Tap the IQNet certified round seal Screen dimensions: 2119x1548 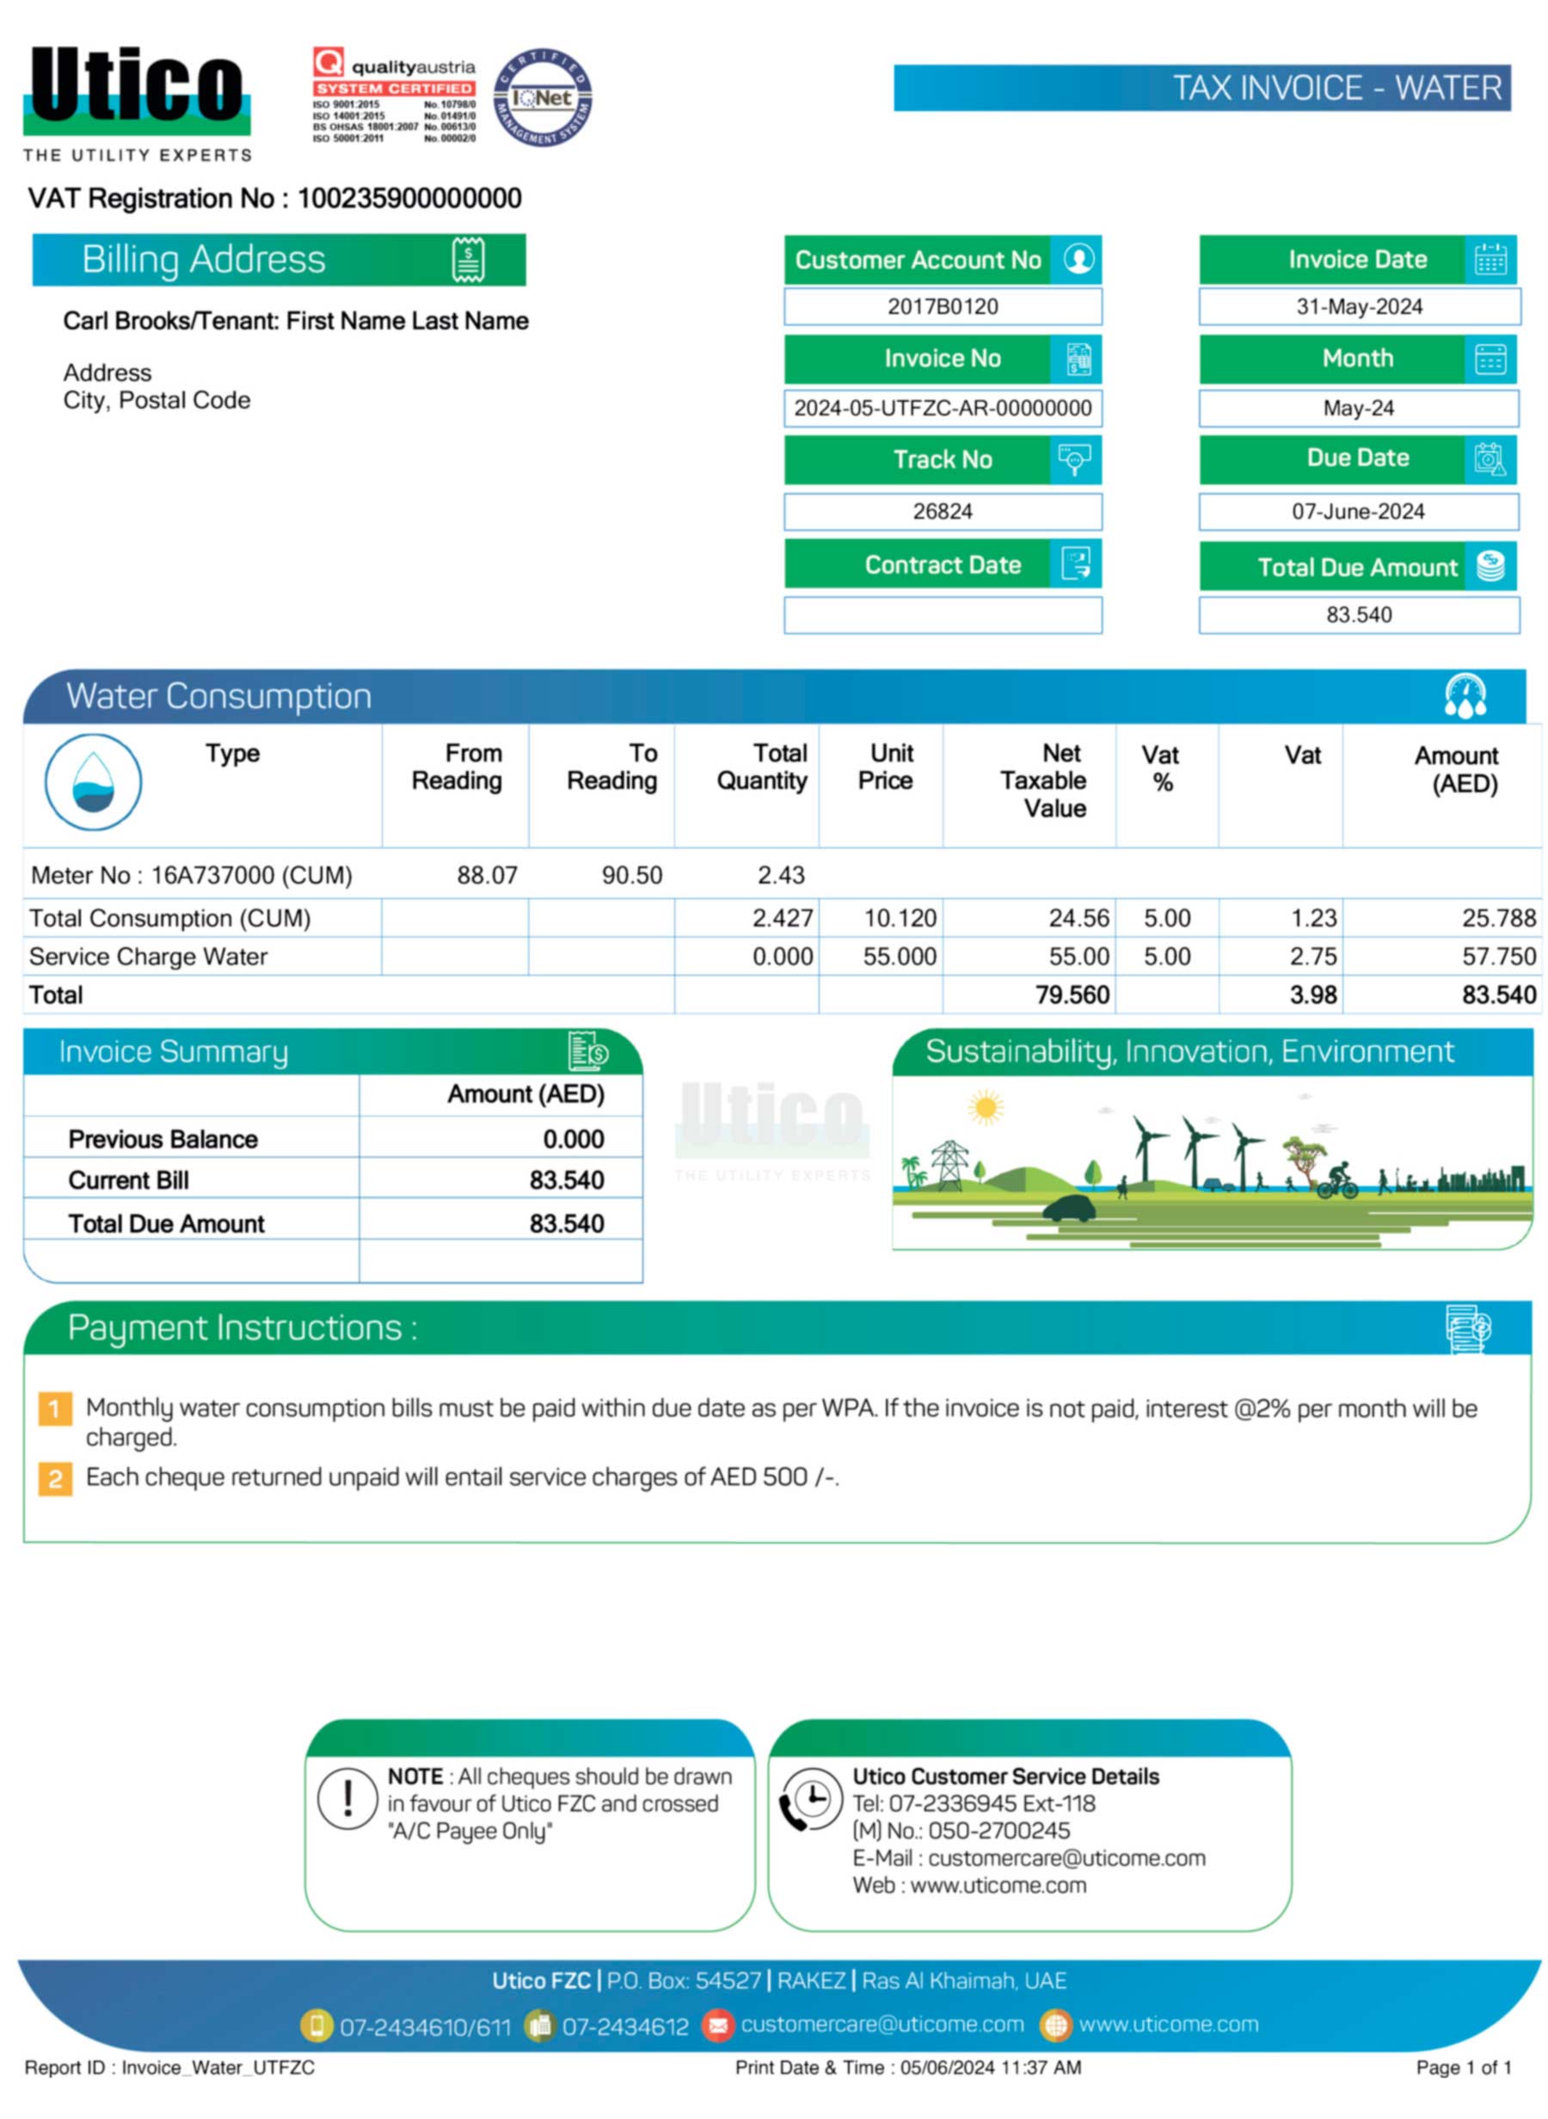pyautogui.click(x=543, y=97)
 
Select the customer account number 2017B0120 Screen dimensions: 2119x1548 pyautogui.click(x=943, y=306)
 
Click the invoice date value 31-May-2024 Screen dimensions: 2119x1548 pyautogui.click(x=1359, y=306)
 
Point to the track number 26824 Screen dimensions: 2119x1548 pyautogui.click(x=943, y=512)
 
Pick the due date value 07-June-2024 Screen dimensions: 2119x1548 pyautogui.click(x=1358, y=512)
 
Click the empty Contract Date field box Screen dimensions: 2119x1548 pyautogui.click(x=943, y=616)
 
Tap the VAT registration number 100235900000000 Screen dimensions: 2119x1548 pyautogui.click(x=409, y=199)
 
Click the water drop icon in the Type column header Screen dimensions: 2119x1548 pyautogui.click(x=93, y=783)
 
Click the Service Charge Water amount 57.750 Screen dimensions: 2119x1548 pyautogui.click(x=1498, y=957)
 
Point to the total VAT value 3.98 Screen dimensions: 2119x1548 pyautogui.click(x=1313, y=995)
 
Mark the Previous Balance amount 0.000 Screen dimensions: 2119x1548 pyautogui.click(x=574, y=1140)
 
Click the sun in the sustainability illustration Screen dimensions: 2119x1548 pyautogui.click(x=985, y=1107)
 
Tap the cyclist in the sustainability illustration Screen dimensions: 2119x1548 pyautogui.click(x=1338, y=1180)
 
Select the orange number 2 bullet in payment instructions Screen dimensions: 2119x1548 pyautogui.click(x=55, y=1479)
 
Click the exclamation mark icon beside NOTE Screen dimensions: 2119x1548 pyautogui.click(x=347, y=1798)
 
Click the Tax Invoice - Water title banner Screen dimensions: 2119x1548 pyautogui.click(x=1201, y=88)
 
